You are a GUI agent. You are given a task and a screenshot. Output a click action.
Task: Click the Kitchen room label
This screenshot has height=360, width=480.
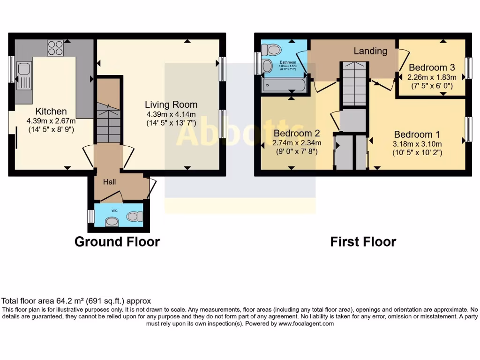51,111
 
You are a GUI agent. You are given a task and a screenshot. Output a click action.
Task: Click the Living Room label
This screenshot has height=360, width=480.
171,105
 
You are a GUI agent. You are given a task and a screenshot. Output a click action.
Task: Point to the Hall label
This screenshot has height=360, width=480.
110,182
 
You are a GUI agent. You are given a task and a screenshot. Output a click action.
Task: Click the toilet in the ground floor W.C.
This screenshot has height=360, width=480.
135,216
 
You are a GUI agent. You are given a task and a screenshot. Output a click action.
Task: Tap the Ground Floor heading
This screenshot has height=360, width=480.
117,242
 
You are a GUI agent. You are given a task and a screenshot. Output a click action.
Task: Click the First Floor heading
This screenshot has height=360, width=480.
363,242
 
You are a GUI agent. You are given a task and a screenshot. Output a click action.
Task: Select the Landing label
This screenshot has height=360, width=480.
370,51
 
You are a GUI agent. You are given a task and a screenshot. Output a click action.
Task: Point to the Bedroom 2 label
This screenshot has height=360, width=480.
297,133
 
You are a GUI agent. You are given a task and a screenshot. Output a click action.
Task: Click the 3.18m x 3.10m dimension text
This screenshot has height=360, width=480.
417,144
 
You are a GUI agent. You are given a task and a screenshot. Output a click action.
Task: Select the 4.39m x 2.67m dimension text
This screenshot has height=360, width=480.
51,120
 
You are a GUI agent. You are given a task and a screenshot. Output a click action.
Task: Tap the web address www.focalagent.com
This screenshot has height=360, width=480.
306,323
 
